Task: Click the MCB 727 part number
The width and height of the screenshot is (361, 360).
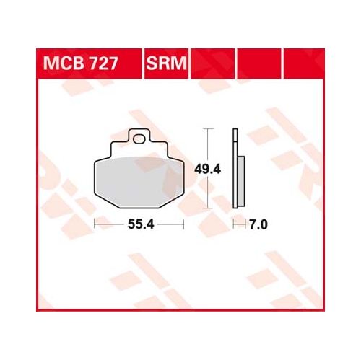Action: [x=80, y=63]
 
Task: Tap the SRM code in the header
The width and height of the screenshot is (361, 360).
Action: [x=166, y=63]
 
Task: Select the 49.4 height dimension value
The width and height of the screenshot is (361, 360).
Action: [x=207, y=170]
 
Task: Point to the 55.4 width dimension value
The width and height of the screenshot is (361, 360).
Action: [x=141, y=224]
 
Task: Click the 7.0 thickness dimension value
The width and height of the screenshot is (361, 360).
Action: [x=258, y=225]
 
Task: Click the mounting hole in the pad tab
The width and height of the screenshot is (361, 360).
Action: [x=139, y=139]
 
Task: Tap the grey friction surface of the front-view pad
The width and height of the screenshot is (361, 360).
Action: [x=139, y=182]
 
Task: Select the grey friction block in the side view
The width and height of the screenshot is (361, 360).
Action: [x=241, y=182]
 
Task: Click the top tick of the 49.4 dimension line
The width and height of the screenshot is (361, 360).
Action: [x=208, y=129]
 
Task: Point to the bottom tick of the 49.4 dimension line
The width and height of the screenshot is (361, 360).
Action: [x=208, y=208]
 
